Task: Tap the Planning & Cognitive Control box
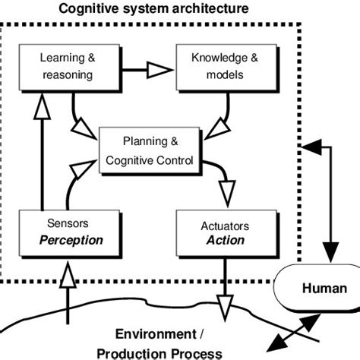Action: pos(152,150)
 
